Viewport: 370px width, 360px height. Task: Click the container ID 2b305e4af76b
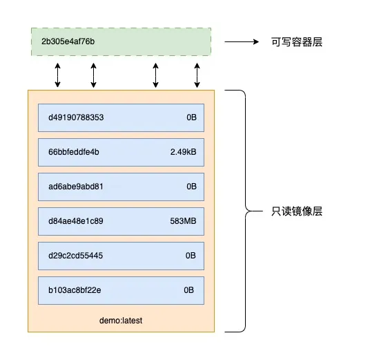[x=68, y=42]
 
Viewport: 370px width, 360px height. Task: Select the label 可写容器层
[x=296, y=42]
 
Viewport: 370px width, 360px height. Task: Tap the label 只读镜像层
[x=296, y=211]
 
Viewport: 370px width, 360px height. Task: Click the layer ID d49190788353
[x=76, y=117]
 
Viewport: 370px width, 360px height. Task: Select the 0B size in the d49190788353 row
[x=191, y=117]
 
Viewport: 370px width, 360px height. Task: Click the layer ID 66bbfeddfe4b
[x=74, y=152]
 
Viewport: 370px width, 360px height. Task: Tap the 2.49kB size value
[x=183, y=152]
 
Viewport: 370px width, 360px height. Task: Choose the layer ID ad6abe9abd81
[x=75, y=187]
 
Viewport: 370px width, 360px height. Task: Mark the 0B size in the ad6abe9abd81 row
[x=191, y=187]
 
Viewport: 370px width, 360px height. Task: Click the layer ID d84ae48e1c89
[x=75, y=221]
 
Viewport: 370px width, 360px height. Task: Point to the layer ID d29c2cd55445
[x=75, y=256]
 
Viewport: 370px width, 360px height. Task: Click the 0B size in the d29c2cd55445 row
[x=191, y=256]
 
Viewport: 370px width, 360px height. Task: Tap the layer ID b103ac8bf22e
[x=75, y=290]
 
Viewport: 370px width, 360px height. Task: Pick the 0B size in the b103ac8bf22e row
[x=189, y=290]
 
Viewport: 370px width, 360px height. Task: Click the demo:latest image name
[x=121, y=321]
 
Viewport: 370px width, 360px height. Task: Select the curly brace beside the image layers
[x=244, y=211]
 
